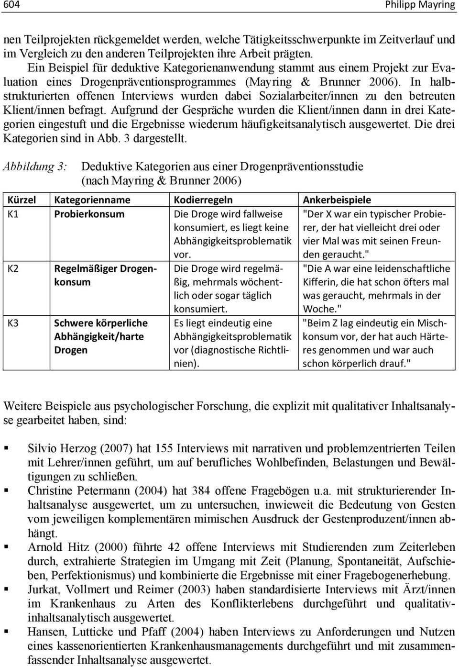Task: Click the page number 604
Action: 11,5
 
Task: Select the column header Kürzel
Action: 22,200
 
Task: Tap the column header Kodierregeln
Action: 203,200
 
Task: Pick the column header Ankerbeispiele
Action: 337,200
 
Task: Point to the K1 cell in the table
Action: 13,214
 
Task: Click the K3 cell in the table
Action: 13,323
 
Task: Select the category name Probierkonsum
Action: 89,214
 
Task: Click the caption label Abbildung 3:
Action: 35,167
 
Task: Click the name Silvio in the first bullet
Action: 42,449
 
